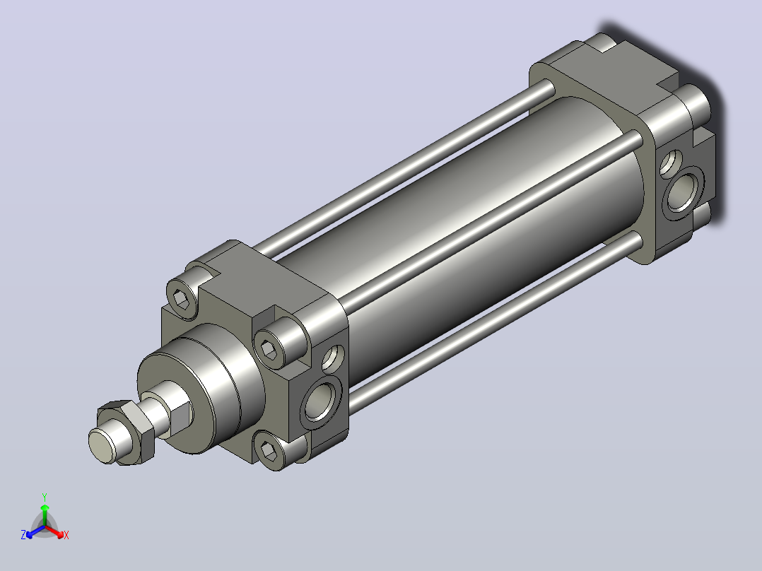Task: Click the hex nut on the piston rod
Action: coord(127,432)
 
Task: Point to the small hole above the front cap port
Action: coord(334,358)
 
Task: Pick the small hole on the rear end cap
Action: coord(671,163)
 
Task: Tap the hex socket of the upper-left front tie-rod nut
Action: coord(181,300)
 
